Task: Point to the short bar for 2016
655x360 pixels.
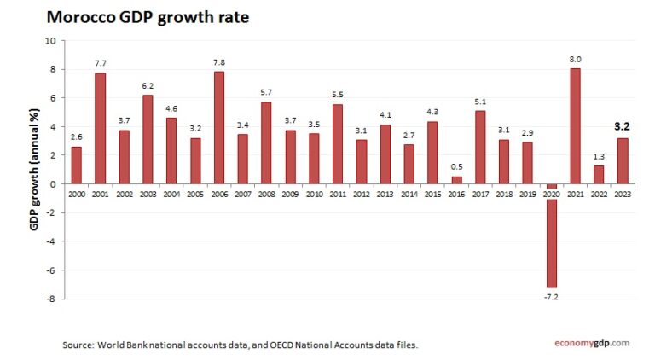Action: point(456,180)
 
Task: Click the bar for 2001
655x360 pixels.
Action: point(100,128)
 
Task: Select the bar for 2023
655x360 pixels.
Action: point(623,160)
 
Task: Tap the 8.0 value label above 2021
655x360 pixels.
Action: point(575,60)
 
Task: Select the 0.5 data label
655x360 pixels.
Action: point(456,167)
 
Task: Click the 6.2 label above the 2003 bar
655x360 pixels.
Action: point(148,86)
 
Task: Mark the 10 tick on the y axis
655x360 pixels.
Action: point(50,40)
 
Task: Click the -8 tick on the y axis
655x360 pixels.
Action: point(50,299)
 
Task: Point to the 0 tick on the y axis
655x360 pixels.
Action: point(53,183)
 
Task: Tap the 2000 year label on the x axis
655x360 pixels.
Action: point(77,195)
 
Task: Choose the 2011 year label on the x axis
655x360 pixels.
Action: point(338,195)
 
